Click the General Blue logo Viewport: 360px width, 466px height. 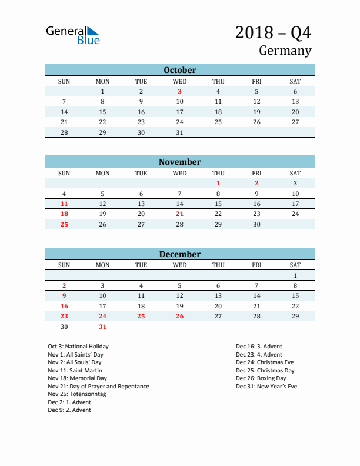coord(73,35)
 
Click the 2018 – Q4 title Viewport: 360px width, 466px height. coord(273,32)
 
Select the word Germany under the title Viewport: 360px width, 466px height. coord(285,51)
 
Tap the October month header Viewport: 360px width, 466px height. coord(179,70)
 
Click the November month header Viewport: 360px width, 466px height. coord(179,162)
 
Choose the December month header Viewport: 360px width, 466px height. coord(179,254)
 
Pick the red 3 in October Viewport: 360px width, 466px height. coord(179,91)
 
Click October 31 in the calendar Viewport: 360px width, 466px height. coord(179,132)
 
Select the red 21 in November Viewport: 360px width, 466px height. coord(179,214)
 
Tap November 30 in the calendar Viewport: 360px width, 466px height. coord(256,224)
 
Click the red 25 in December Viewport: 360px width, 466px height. coord(141,317)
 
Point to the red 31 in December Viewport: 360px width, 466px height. coord(102,327)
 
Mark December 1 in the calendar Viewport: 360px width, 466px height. coord(295,275)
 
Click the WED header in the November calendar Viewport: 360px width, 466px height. coord(179,173)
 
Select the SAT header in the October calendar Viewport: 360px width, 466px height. coord(295,81)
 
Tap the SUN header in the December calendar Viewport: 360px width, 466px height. coord(64,265)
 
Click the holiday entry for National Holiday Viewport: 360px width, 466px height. coord(78,347)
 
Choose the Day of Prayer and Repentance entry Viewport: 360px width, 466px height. coord(98,387)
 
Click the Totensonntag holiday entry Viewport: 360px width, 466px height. coord(77,394)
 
